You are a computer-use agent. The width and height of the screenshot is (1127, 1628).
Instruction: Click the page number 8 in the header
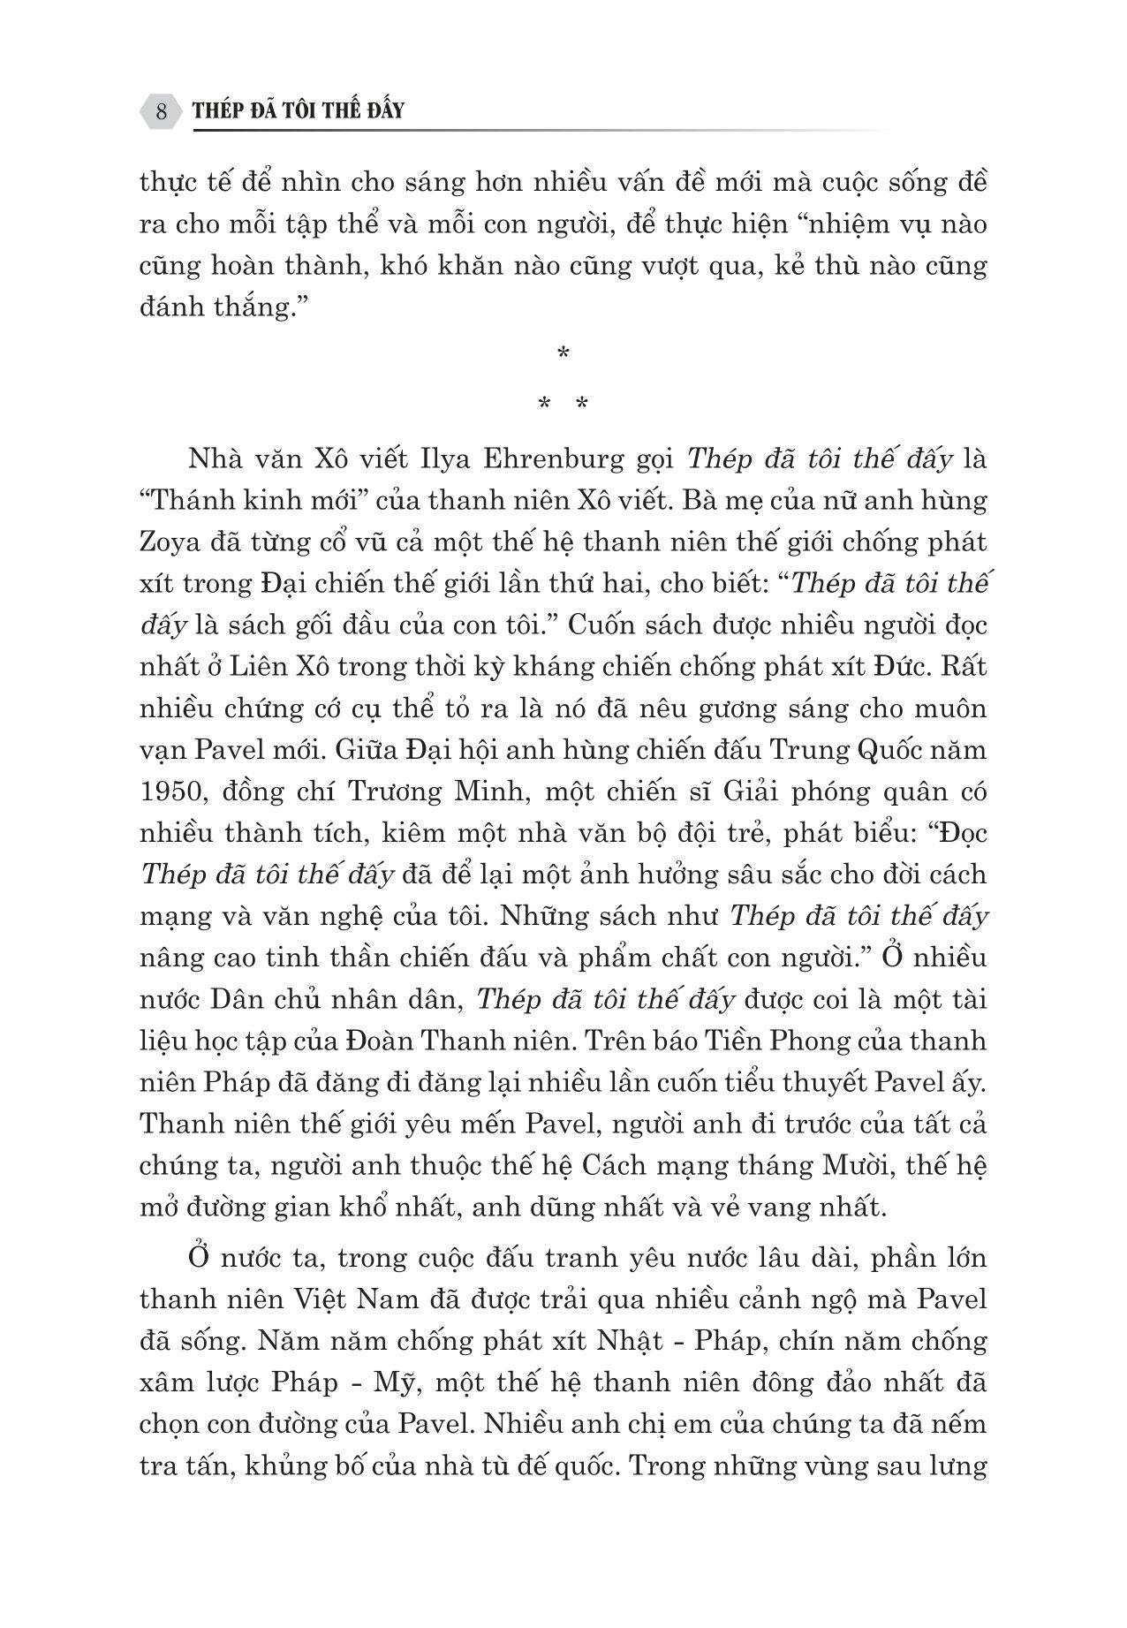[x=162, y=111]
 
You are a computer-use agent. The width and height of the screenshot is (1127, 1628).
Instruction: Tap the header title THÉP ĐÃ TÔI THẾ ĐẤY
[x=299, y=111]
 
